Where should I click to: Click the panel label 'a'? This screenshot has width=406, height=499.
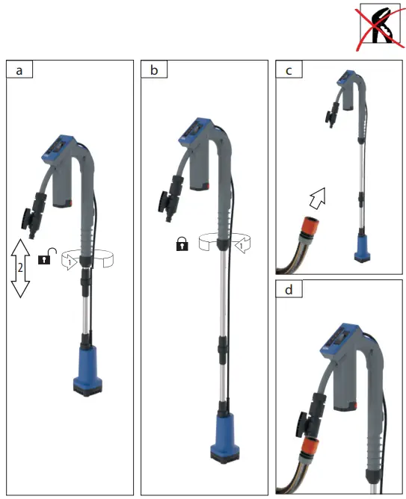coord(19,70)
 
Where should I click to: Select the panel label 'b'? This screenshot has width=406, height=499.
coord(154,70)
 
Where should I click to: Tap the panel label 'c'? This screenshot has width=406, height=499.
coord(289,70)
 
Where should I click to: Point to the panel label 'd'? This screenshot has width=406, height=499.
coord(289,289)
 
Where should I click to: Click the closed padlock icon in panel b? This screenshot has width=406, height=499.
coord(182,244)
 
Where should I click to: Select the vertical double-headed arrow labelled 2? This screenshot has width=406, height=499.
coord(20,267)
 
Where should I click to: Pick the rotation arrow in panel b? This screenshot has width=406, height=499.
coord(224,244)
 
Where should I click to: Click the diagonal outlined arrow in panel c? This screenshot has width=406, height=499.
coord(317,198)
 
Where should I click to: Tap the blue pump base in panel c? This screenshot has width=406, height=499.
coord(362,247)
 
